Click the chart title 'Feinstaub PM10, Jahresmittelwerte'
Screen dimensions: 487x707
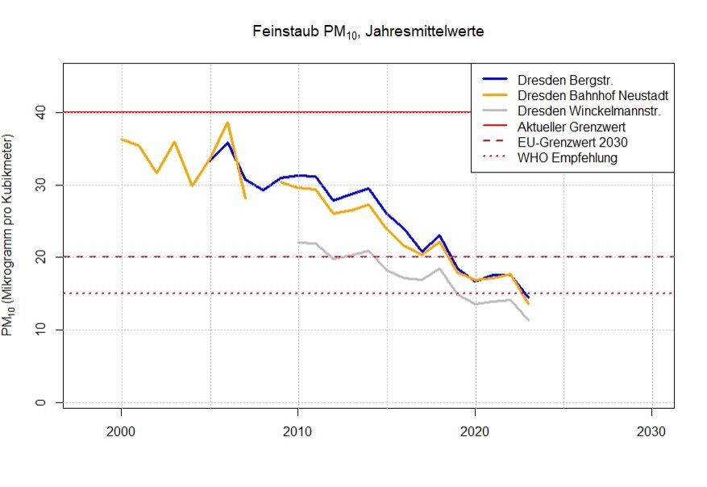368,32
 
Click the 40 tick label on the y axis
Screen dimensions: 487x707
40,113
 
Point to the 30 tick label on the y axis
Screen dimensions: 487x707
40,185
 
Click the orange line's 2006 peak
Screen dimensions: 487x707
227,123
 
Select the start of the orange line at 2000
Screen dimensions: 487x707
121,139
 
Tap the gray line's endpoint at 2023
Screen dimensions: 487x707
528,320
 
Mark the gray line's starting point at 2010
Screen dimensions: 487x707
298,242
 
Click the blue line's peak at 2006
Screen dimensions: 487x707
228,143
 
